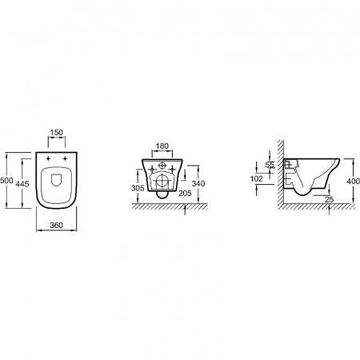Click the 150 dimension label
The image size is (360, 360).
tap(57, 132)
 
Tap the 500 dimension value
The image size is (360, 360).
tap(6, 181)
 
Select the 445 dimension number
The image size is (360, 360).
tap(22, 184)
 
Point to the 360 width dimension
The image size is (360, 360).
tap(57, 226)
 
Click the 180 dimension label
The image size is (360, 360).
tap(162, 146)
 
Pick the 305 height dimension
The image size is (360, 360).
tap(138, 188)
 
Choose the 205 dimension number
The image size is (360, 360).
tap(185, 193)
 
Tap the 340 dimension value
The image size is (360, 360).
tap(198, 183)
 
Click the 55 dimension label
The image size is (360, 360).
tap(270, 165)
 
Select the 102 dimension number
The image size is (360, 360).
tap(257, 179)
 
